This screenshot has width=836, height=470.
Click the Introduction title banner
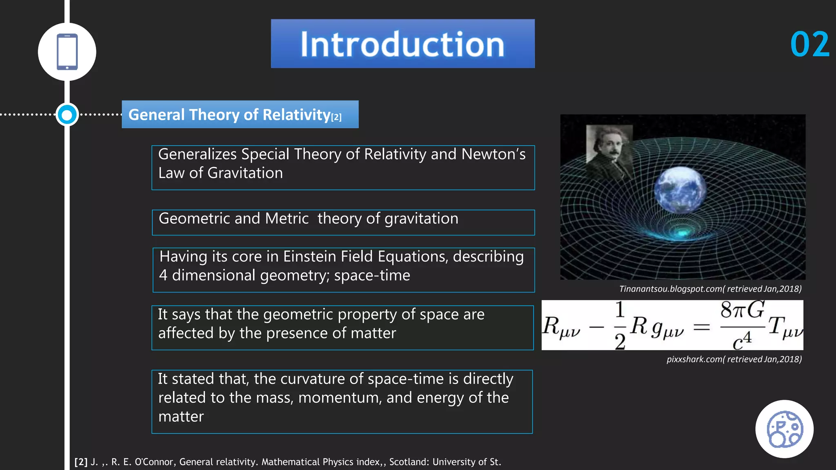pyautogui.click(x=402, y=44)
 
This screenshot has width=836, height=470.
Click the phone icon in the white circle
pyautogui.click(x=67, y=52)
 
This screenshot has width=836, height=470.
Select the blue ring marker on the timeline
pyautogui.click(x=67, y=115)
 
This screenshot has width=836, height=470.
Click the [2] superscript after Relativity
pyautogui.click(x=336, y=117)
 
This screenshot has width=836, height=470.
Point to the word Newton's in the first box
pyautogui.click(x=493, y=155)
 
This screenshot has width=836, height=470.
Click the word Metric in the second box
pyautogui.click(x=287, y=219)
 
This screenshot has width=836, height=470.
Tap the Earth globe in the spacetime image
pyautogui.click(x=680, y=190)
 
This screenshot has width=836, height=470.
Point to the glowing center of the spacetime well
pyautogui.click(x=682, y=233)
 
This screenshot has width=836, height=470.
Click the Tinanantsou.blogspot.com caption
pyautogui.click(x=710, y=289)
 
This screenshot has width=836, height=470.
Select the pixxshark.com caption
pyautogui.click(x=734, y=359)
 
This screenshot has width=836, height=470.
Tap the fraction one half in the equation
pyautogui.click(x=620, y=326)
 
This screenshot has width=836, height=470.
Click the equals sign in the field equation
pyautogui.click(x=702, y=326)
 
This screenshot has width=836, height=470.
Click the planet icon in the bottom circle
pyautogui.click(x=784, y=429)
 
